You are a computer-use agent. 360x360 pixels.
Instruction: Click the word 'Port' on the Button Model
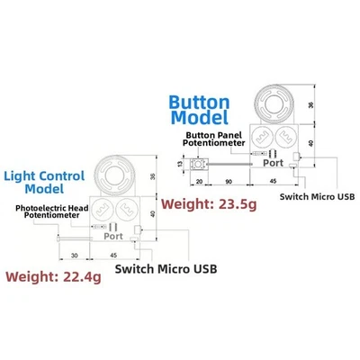click(272, 163)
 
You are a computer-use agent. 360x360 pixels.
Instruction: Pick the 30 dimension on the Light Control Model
click(72, 254)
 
